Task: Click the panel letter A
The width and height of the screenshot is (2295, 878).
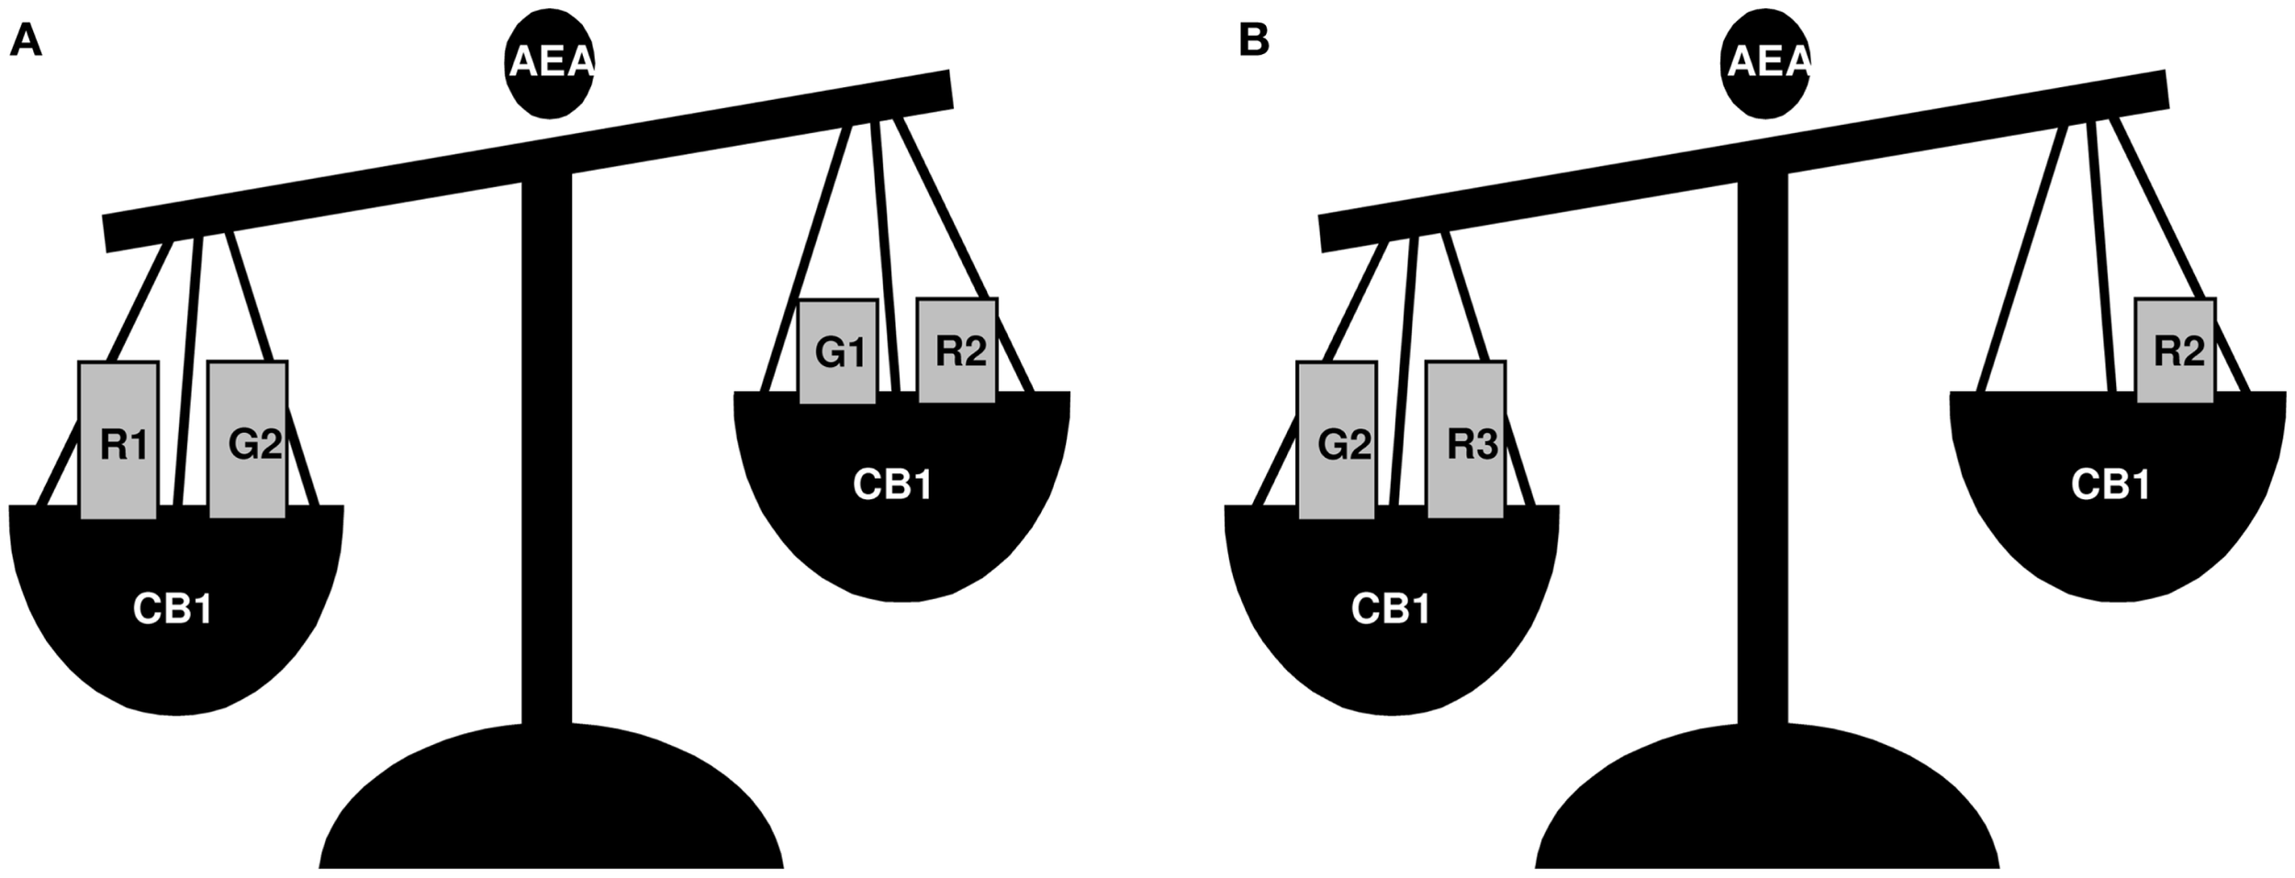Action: click(x=25, y=41)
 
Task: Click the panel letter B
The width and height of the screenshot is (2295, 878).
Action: click(x=1254, y=41)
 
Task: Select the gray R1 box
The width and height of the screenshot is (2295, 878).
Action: click(x=119, y=440)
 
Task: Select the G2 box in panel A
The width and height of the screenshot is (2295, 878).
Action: click(x=248, y=440)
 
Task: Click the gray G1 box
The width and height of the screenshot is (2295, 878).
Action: click(x=837, y=351)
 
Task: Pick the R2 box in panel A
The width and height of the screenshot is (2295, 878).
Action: click(x=957, y=350)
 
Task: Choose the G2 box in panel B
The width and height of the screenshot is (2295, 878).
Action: click(x=1337, y=440)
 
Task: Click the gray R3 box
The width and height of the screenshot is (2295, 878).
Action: click(x=1466, y=440)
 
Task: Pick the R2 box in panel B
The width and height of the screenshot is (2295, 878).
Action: click(x=2176, y=350)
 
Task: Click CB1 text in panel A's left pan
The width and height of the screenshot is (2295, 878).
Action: click(x=173, y=609)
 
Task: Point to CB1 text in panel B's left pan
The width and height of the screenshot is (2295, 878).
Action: click(x=1390, y=609)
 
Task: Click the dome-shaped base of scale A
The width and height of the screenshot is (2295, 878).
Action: click(x=551, y=807)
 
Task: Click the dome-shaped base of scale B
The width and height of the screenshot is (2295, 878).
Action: click(x=1767, y=807)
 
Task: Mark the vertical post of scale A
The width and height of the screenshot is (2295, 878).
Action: click(x=546, y=459)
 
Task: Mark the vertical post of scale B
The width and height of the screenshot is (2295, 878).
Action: click(x=1763, y=459)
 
